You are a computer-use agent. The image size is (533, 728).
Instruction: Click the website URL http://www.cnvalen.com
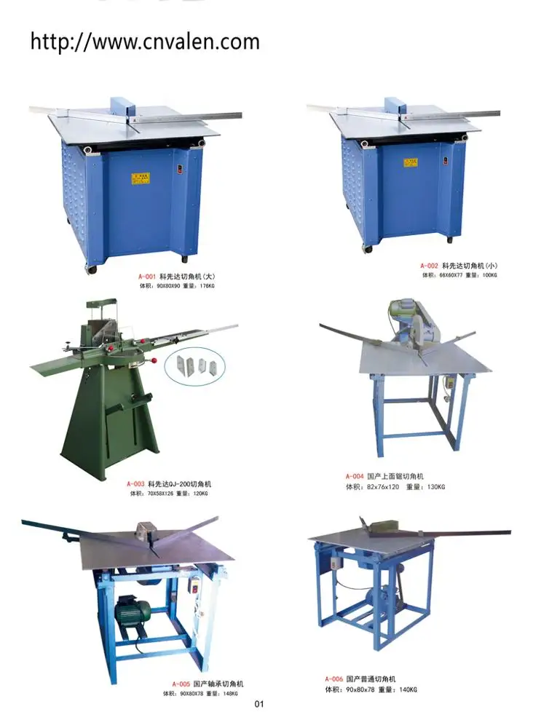pos(145,41)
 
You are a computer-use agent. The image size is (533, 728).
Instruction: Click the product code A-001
pos(148,277)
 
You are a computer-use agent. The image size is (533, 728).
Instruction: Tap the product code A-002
pos(429,266)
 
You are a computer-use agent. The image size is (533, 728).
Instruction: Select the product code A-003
pos(136,483)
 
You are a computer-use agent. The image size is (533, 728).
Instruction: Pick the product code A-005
pos(181,684)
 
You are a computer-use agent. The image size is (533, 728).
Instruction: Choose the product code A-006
pos(334,679)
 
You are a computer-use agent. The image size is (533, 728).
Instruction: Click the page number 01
pos(258,704)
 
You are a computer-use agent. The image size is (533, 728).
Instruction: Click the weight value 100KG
pos(489,275)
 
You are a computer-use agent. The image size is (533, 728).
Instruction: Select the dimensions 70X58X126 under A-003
pos(157,493)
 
